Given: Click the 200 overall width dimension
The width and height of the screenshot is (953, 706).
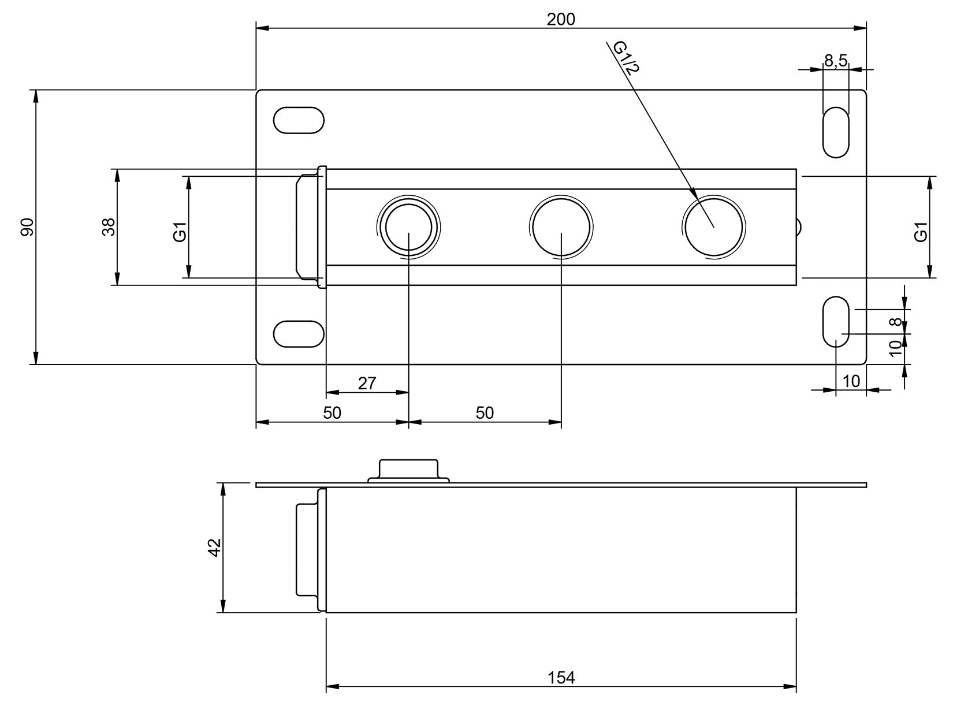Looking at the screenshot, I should (x=561, y=19).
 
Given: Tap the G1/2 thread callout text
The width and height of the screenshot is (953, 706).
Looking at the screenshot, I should (x=626, y=58).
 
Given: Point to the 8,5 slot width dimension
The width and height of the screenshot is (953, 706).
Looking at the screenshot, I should (x=835, y=60).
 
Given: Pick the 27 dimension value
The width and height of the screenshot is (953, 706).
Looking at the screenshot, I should (x=367, y=382).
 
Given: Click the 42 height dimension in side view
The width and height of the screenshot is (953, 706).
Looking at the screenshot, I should (x=214, y=547).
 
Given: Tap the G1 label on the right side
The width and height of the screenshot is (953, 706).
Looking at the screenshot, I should (x=921, y=232).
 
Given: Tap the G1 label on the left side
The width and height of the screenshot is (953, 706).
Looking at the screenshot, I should (x=180, y=235).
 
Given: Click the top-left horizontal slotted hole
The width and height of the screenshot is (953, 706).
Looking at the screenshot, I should (x=299, y=120).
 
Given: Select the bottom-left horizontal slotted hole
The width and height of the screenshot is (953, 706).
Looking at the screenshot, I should (x=299, y=334).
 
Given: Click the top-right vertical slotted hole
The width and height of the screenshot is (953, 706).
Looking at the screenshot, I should (x=836, y=132).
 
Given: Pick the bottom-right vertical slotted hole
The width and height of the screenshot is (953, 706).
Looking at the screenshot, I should (x=836, y=322).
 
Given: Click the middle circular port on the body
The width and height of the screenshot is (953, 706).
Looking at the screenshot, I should (x=561, y=226).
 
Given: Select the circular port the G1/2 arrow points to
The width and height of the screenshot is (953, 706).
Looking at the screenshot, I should (x=713, y=226).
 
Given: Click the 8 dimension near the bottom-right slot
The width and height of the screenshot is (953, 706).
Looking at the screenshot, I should (x=896, y=322).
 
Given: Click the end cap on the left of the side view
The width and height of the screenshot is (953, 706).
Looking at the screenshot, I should (x=307, y=549).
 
